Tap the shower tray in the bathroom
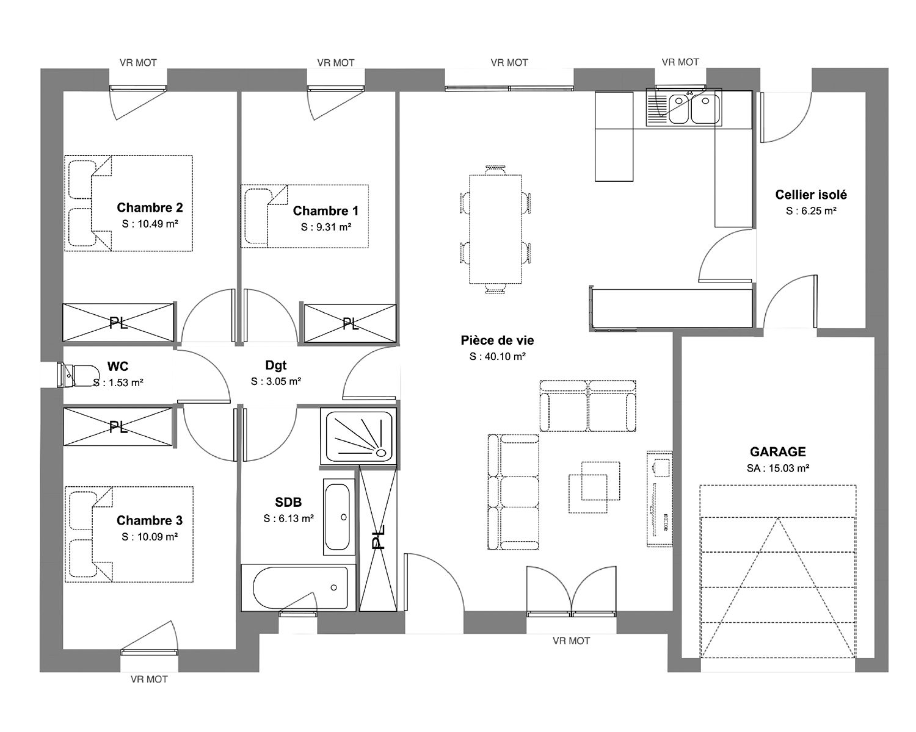coord(359,436)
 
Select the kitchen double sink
coord(684,107)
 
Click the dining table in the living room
coord(495,229)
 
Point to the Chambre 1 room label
coord(325,211)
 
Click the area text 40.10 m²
coord(505,356)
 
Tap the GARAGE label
coord(777,451)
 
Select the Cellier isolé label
coord(811,195)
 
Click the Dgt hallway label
coord(276,365)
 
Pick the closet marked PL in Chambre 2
coord(118,323)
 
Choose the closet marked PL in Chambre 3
coord(118,426)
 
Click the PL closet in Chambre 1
coord(350,323)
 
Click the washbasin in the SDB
coord(339,517)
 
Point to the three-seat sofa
coord(514,492)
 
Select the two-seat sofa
coord(588,406)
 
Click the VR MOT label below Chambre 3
coord(149,680)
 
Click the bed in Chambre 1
coord(304,216)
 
